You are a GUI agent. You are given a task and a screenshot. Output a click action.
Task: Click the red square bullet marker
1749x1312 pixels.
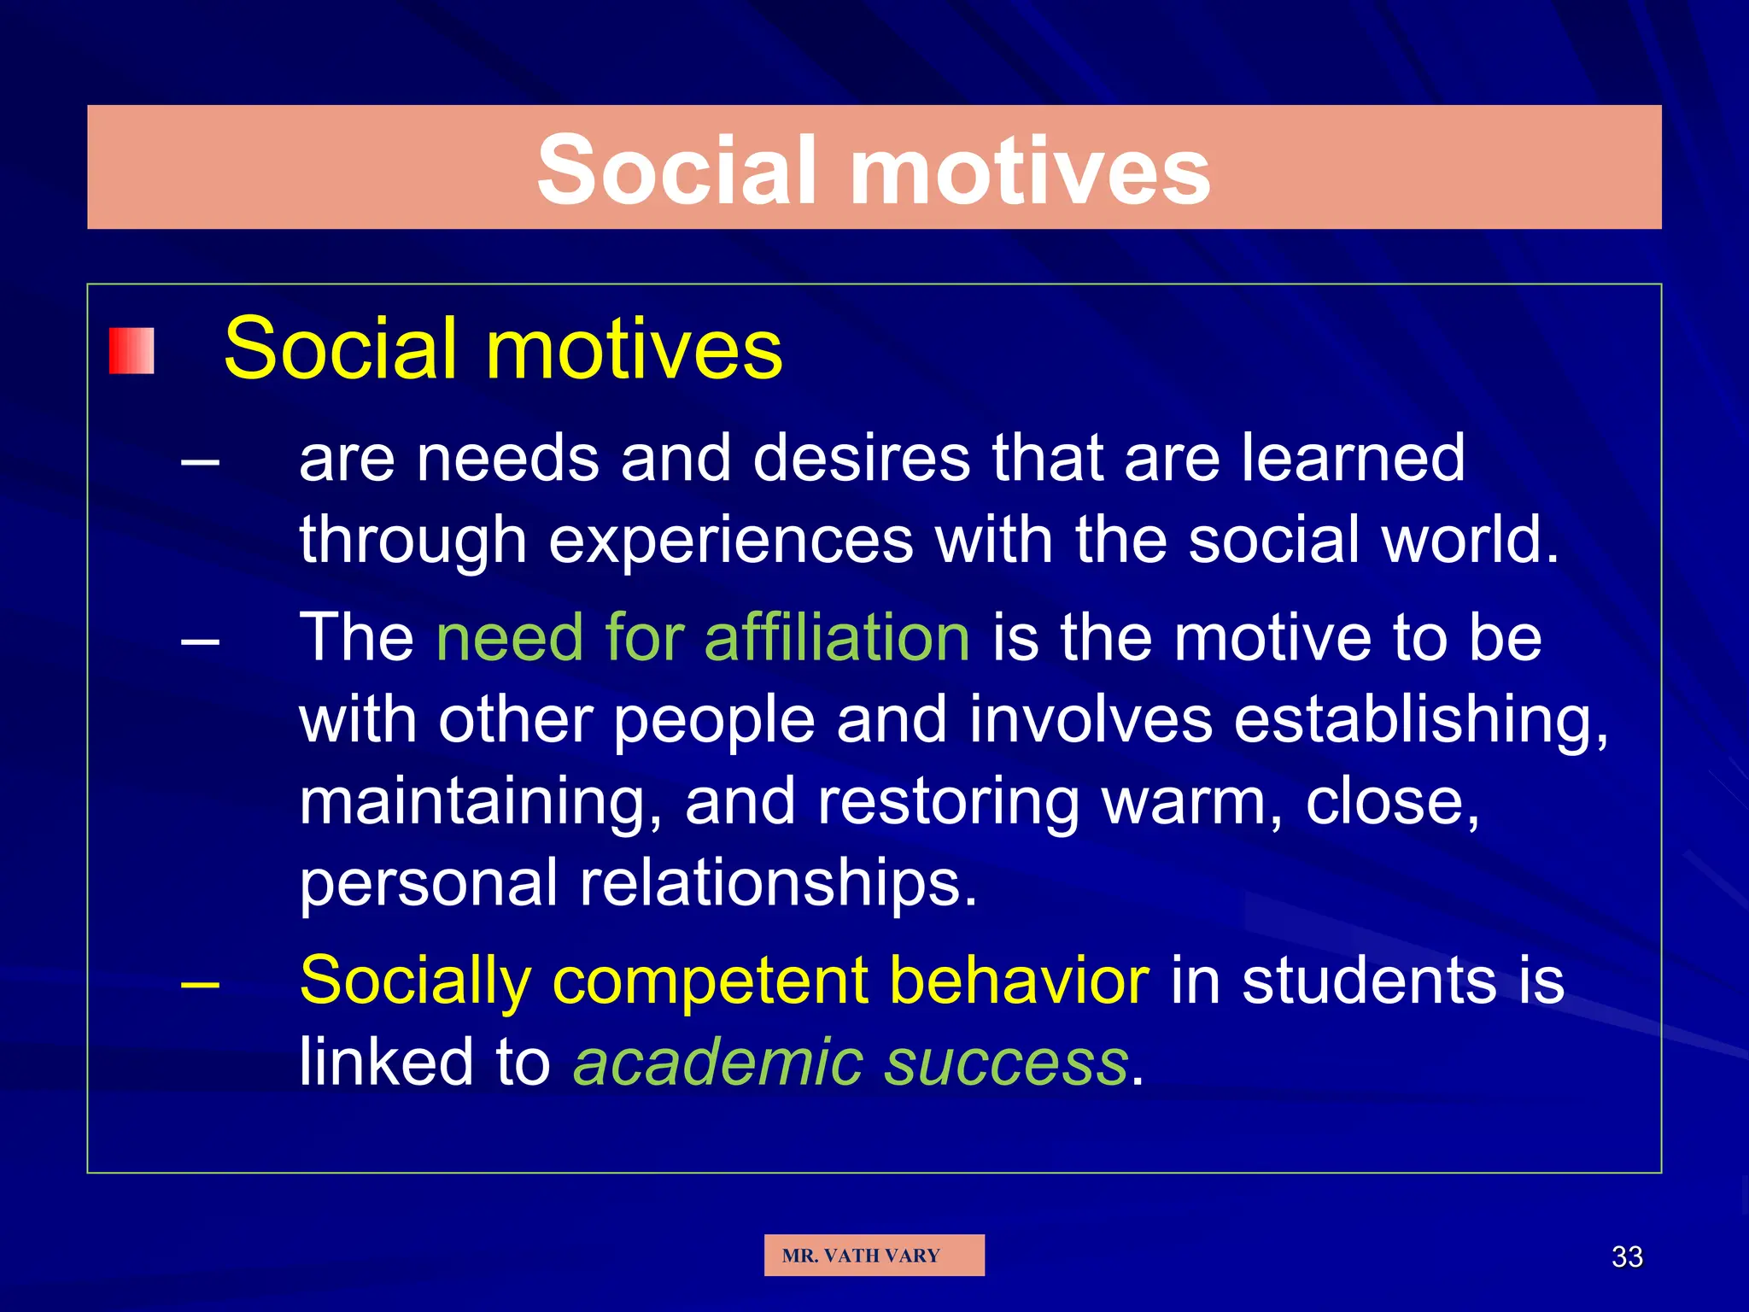click(x=132, y=351)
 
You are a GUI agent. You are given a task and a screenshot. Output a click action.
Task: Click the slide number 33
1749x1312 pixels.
click(x=1627, y=1256)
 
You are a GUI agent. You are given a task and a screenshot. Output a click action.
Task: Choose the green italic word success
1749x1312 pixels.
click(x=1008, y=1062)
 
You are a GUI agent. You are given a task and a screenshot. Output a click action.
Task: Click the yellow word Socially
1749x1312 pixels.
click(x=415, y=981)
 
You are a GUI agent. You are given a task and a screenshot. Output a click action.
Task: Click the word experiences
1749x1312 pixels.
click(x=731, y=542)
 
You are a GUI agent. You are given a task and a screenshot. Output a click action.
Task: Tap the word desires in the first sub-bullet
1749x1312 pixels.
click(x=862, y=458)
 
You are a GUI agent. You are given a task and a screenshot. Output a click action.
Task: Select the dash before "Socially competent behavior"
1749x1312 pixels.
click(x=201, y=983)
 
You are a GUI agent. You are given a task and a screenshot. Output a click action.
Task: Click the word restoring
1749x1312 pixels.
click(x=949, y=803)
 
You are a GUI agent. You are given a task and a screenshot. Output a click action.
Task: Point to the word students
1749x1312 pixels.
click(x=1370, y=979)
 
